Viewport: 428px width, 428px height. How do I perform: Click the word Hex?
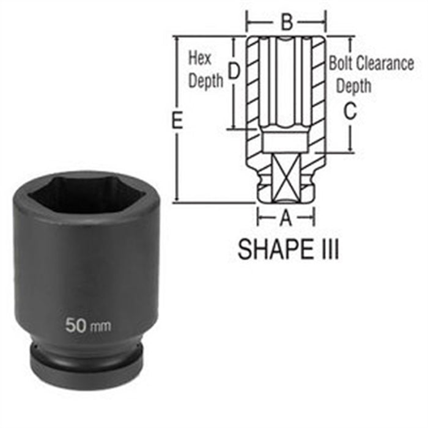coord(199,59)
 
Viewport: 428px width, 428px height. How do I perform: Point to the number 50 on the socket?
coord(76,324)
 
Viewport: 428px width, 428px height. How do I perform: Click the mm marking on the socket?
coord(101,326)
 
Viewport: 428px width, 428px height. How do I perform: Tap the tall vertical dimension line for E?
coord(176,159)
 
